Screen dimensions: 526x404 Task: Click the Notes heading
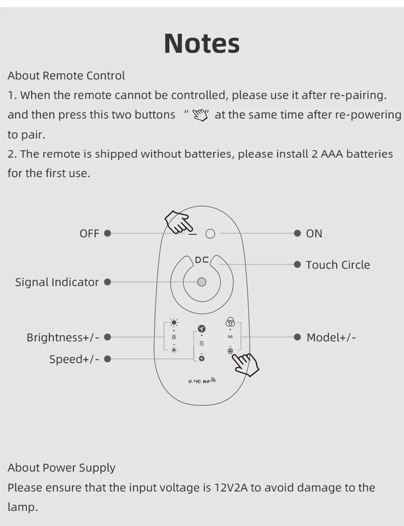202,43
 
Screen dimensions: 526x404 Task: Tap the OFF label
89,234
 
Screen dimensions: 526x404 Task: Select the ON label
314,234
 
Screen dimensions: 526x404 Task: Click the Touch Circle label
338,265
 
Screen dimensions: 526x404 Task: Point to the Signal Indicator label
57,282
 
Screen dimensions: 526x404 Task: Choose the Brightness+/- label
63,337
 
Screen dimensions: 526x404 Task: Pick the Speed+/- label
74,359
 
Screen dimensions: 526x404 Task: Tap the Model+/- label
331,337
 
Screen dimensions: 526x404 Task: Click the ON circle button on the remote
210,234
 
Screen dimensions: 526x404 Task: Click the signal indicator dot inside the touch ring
202,282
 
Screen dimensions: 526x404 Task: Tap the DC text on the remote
202,260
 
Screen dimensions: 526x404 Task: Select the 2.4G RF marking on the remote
201,381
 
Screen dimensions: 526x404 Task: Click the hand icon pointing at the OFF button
177,222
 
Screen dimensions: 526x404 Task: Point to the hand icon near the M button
245,364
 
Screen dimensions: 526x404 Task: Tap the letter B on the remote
174,337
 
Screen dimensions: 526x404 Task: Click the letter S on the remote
202,344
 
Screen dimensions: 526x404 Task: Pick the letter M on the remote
230,337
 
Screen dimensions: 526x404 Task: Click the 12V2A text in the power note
231,488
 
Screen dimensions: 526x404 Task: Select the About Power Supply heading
61,468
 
